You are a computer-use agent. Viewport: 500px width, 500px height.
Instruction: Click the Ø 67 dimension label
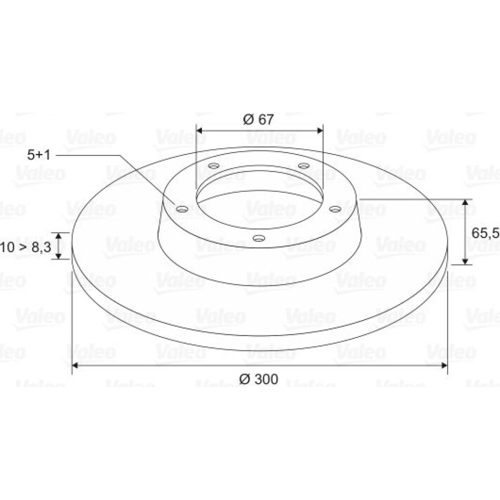pos(258,119)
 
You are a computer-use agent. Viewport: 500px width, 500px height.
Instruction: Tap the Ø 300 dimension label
pos(258,379)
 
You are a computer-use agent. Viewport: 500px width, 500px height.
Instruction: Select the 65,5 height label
pos(485,233)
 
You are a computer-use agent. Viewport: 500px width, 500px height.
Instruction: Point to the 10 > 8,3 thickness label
pos(25,247)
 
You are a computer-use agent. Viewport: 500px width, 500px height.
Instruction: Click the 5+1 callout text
pos(39,155)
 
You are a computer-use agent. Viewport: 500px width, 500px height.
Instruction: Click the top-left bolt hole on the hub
pos(213,166)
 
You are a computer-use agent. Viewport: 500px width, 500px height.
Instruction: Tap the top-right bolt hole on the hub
pos(303,166)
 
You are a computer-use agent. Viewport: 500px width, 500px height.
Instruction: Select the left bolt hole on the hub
pos(182,209)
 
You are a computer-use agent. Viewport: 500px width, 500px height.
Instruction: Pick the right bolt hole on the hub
pos(335,209)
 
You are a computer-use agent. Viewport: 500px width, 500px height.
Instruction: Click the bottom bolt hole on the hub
pos(258,238)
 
